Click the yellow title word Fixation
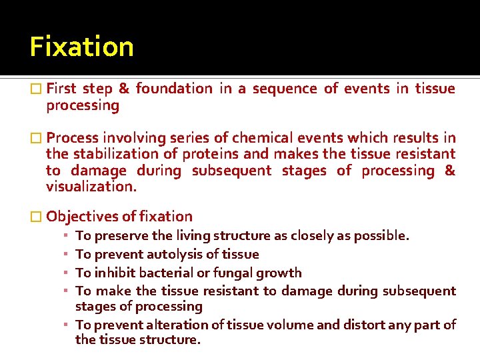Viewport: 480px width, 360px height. [81, 47]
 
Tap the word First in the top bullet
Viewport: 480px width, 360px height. [61, 89]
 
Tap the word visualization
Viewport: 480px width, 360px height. [90, 187]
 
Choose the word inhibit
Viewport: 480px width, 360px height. [113, 273]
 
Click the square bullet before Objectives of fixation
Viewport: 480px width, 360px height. [36, 217]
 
